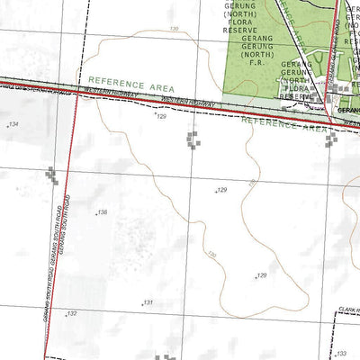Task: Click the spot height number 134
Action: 13,124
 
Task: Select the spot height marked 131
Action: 148,302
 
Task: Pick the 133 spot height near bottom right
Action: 340,354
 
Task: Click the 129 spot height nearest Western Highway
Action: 162,117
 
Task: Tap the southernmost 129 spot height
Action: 262,275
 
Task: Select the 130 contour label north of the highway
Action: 174,30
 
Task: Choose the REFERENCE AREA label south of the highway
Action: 283,124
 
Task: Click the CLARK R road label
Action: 349,310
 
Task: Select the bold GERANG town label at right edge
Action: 349,111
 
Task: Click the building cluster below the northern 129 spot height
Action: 193,139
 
